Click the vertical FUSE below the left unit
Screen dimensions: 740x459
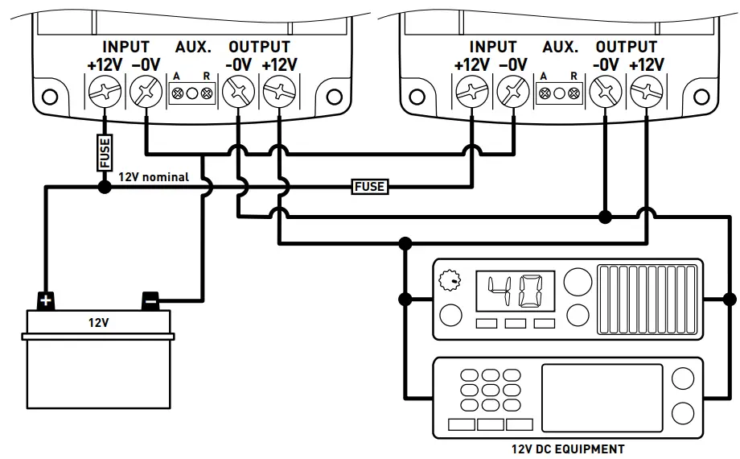coord(105,152)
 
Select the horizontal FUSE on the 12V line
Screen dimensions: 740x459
coord(370,187)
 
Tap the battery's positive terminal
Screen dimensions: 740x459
coord(46,300)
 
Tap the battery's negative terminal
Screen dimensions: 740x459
coord(150,300)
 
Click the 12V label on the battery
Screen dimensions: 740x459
coord(98,322)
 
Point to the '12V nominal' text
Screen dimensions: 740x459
coord(154,177)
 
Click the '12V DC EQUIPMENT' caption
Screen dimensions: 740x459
coord(568,449)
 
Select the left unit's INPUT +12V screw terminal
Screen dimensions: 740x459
coord(105,91)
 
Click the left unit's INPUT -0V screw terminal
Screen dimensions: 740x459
coord(146,91)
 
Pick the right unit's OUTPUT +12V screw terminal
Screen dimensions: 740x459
coord(647,92)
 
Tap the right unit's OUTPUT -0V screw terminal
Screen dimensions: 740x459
coord(606,92)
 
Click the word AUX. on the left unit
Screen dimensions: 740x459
coord(193,48)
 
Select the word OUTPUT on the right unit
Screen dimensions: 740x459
coord(627,48)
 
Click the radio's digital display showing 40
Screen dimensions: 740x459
coord(516,291)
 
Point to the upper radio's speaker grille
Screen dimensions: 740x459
coord(647,300)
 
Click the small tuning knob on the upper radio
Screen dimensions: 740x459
coord(450,280)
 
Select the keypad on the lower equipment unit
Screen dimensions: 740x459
coord(491,391)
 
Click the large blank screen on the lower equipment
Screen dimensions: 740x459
coord(602,398)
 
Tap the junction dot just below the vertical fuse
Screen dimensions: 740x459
coord(105,187)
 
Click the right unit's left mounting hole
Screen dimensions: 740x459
coord(417,97)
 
